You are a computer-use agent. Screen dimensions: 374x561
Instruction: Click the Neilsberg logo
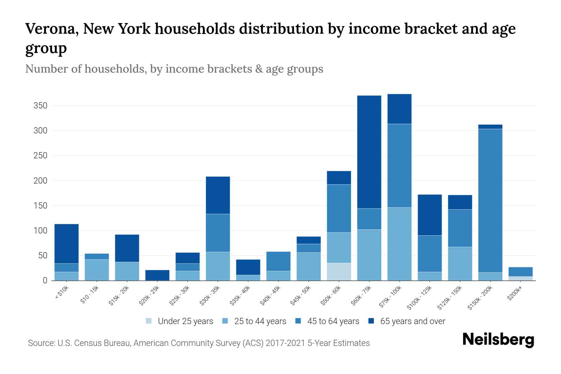(x=498, y=340)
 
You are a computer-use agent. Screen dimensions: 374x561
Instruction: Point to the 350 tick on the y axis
(x=40, y=106)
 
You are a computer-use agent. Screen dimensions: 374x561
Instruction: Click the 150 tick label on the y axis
(x=40, y=206)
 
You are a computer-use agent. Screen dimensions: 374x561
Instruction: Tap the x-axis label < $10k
(x=62, y=292)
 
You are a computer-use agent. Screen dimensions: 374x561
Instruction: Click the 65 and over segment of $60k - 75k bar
(x=369, y=152)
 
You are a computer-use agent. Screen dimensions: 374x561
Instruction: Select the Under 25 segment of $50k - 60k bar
(x=339, y=271)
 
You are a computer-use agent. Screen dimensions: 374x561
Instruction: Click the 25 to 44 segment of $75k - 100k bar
(x=399, y=244)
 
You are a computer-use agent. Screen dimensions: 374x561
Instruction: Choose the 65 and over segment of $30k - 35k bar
(x=218, y=195)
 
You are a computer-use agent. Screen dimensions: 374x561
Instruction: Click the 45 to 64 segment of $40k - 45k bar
(x=278, y=261)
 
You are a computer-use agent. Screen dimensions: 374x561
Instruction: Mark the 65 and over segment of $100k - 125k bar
(x=429, y=215)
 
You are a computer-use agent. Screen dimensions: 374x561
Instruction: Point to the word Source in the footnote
(x=41, y=343)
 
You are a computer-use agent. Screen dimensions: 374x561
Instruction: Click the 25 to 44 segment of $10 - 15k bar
(x=97, y=270)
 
